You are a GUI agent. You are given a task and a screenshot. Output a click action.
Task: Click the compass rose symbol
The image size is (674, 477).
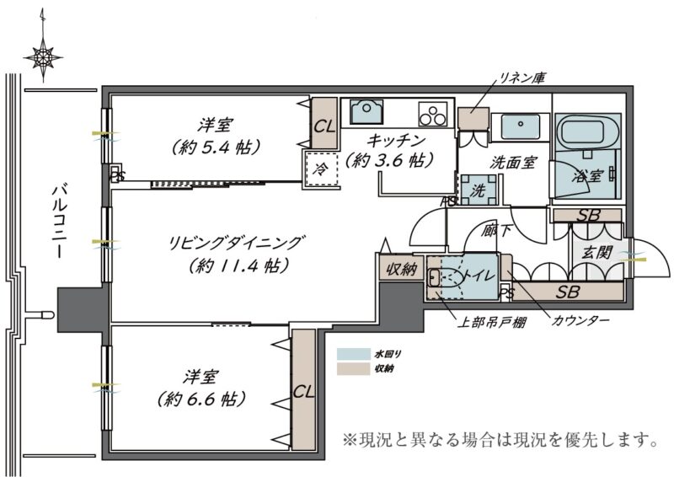pos(43,56)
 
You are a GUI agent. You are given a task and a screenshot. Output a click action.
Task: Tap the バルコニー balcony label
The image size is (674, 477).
pos(58,222)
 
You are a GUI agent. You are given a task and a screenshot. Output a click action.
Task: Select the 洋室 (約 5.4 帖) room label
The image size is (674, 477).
pos(216,137)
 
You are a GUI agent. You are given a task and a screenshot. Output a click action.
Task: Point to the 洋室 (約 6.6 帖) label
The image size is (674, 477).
pos(201,389)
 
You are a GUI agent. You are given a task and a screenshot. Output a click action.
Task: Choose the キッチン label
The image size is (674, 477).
pos(396,140)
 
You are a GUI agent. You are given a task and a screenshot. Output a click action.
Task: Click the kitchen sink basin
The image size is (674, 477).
pos(366,111)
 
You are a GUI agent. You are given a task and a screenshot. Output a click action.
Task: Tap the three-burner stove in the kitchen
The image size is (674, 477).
pos(432,114)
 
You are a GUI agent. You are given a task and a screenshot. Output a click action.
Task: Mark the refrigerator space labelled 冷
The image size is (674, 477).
pos(321,169)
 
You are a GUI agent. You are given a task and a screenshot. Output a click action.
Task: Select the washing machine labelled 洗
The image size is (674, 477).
pos(477,190)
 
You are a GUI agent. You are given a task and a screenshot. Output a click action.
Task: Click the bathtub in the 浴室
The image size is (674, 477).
pos(587,131)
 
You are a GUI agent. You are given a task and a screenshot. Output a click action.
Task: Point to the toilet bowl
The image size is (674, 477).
pos(445,277)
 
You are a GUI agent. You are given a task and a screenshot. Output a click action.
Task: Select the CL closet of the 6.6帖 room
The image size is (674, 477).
pos(304,389)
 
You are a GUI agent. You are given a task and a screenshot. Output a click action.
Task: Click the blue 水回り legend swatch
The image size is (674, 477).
pos(353,354)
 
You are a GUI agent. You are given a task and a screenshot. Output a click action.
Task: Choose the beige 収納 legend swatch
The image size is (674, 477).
pos(353,368)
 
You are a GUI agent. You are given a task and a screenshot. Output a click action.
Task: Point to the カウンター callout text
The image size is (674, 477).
pos(580,320)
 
